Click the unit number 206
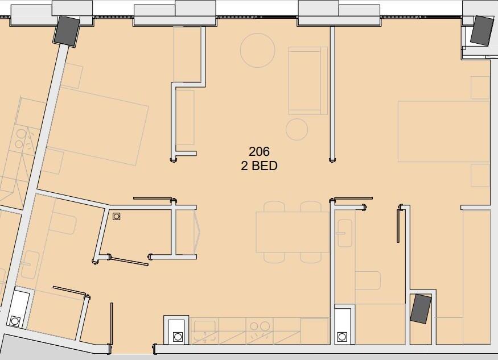[259, 151]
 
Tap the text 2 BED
[259, 165]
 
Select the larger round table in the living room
[258, 50]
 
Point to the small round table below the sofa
[297, 130]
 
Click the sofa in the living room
[308, 81]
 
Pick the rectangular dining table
[293, 232]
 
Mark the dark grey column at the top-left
[67, 31]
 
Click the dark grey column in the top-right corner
[482, 30]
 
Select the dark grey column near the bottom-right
[421, 309]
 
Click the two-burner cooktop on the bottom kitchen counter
[260, 330]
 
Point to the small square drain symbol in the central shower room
[117, 217]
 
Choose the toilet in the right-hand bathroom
[368, 280]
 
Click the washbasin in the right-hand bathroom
[344, 233]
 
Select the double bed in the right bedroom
[443, 131]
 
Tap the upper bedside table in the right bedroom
[480, 88]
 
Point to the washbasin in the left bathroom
[31, 265]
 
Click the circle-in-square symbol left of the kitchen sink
[178, 337]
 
